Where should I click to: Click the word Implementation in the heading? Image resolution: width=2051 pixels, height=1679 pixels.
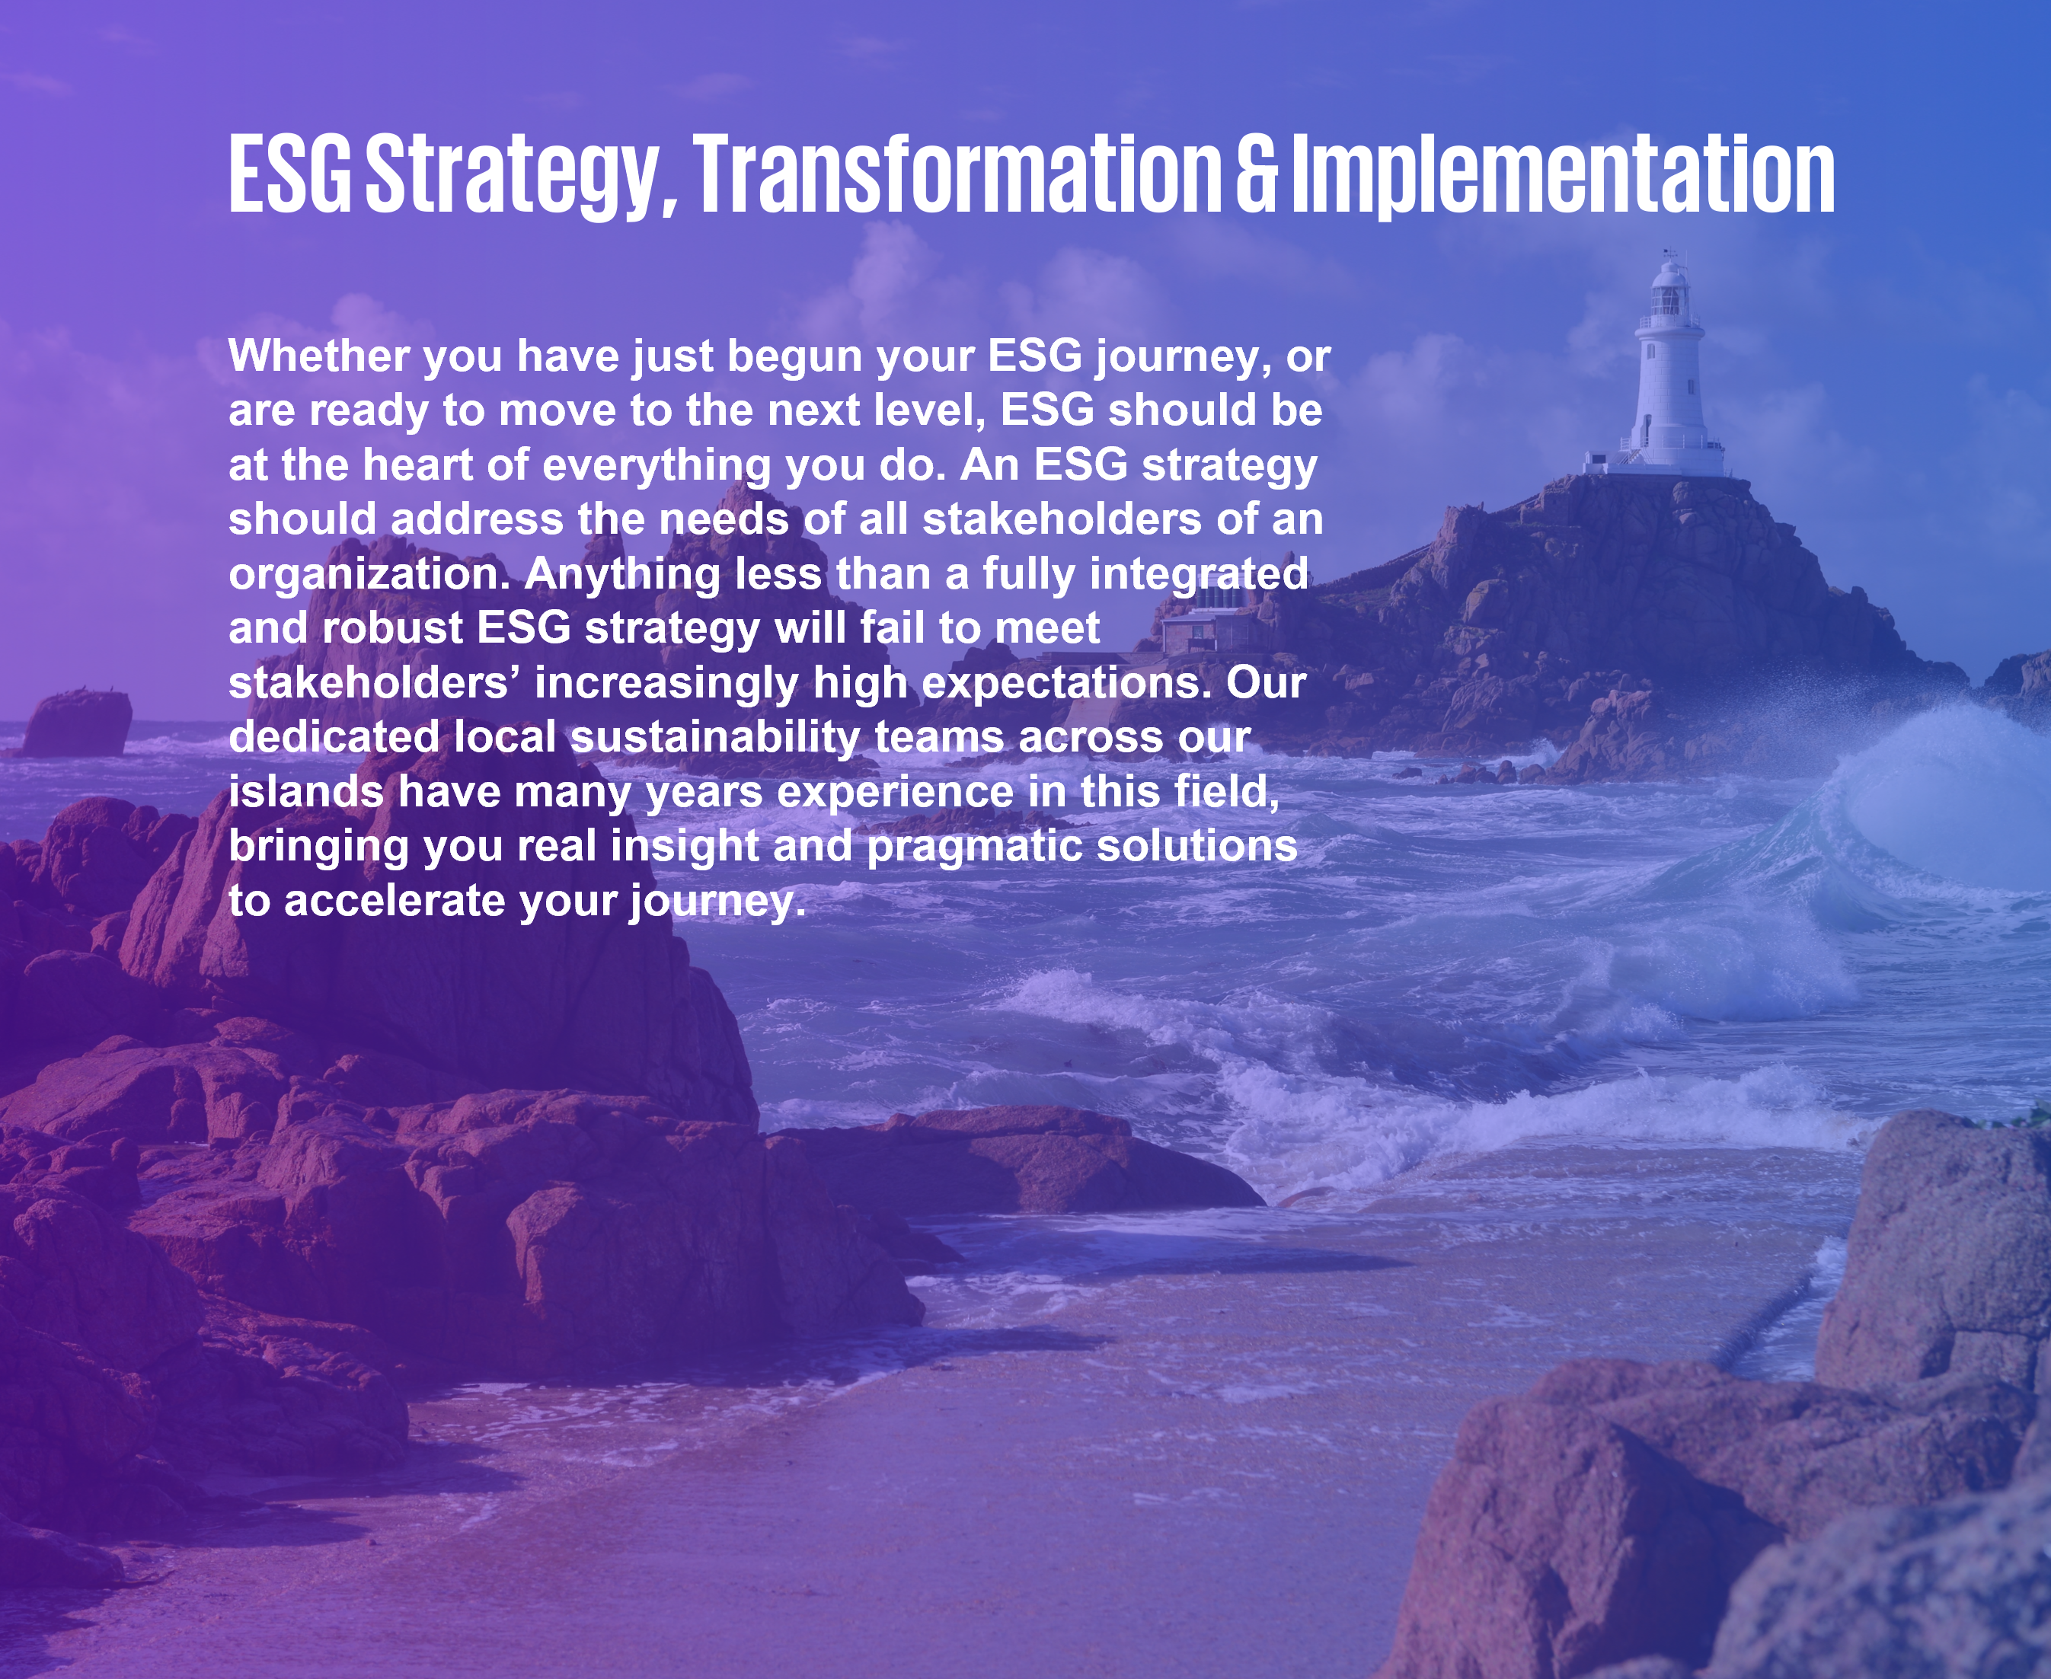point(1564,175)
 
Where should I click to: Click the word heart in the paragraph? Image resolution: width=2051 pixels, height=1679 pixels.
point(418,465)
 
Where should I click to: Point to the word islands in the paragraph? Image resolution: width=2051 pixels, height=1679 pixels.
point(305,792)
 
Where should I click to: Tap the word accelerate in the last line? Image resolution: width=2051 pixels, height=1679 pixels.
point(394,902)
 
